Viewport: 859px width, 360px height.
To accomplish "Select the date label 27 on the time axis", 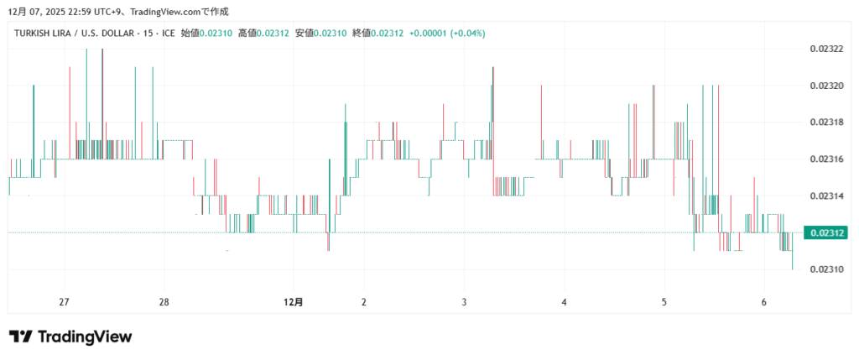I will tap(64, 302).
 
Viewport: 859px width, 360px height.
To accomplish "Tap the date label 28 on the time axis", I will tap(164, 302).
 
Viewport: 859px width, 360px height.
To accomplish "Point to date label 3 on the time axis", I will tap(464, 302).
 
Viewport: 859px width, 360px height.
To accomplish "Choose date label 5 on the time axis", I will tap(664, 302).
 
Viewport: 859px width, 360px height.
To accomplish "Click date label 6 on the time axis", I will tap(763, 302).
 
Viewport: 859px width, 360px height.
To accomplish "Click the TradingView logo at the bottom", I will tap(70, 337).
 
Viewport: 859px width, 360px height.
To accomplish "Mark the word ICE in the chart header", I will tap(169, 33).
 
